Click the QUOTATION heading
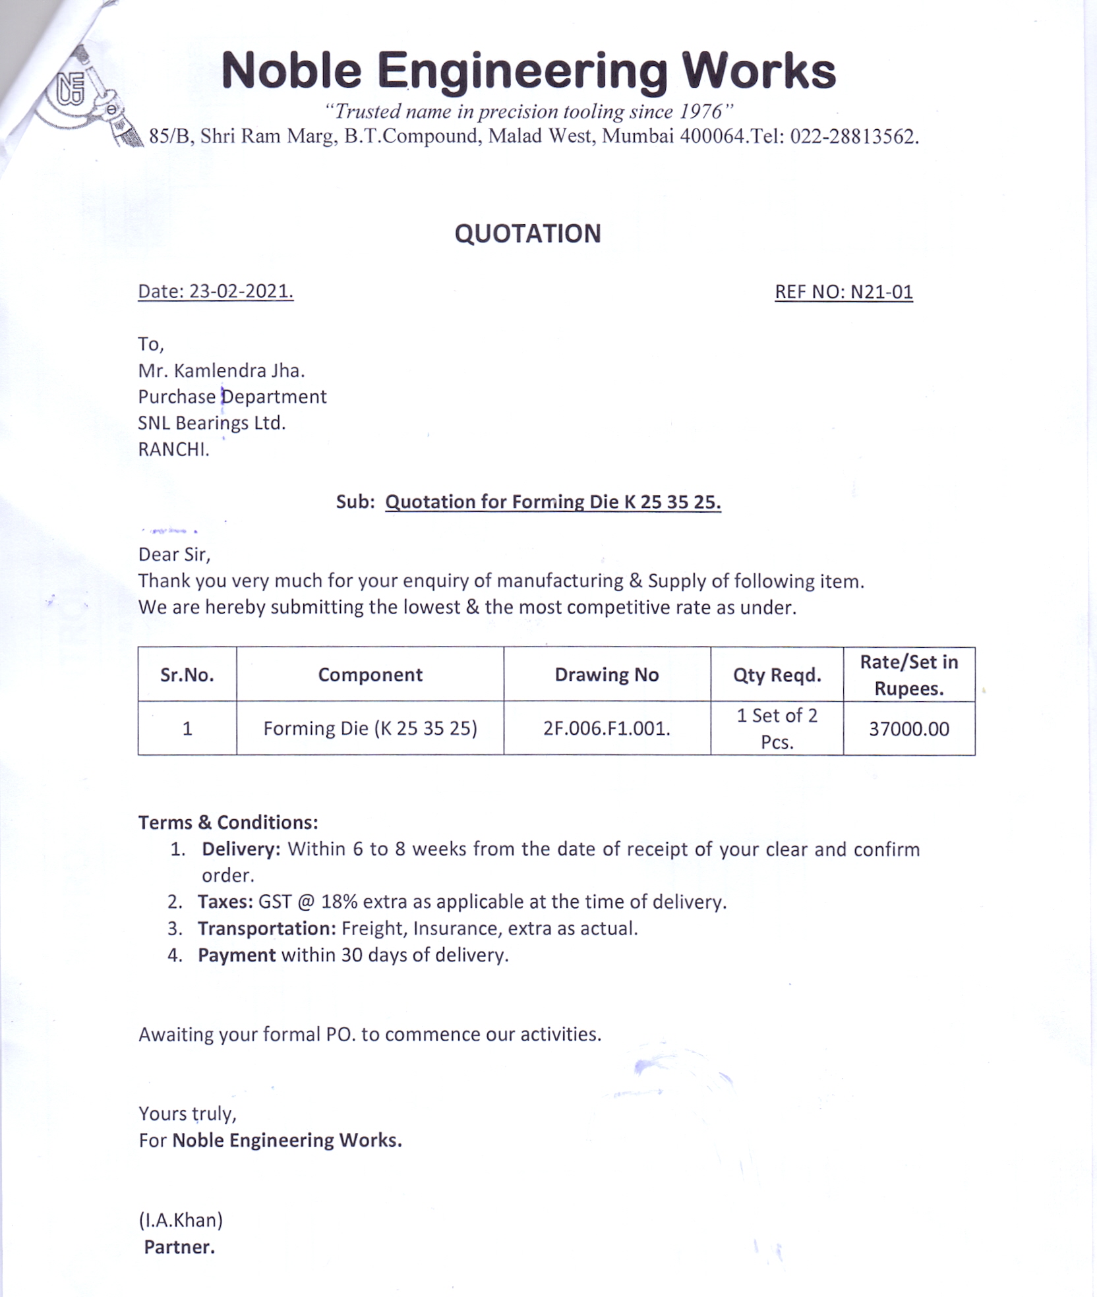(527, 234)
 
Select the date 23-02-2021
(241, 291)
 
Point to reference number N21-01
(881, 292)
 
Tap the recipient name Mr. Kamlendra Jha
(221, 370)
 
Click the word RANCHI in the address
(173, 449)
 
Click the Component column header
(370, 675)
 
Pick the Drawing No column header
(607, 675)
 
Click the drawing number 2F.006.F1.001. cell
(607, 728)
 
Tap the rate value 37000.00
(908, 729)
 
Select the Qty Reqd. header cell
(777, 675)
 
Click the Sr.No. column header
(187, 675)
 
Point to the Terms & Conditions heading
(228, 822)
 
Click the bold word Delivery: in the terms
(241, 849)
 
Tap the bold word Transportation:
(267, 929)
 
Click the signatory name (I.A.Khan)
(181, 1220)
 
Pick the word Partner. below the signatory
(179, 1247)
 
